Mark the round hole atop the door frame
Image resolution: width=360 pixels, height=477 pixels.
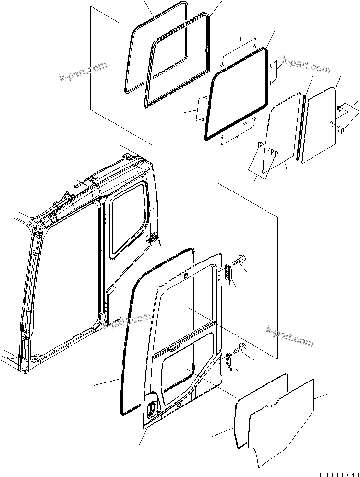point(186,277)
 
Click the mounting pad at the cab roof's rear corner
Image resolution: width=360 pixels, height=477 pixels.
point(128,156)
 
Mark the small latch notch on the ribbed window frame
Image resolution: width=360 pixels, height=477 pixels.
point(205,49)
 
